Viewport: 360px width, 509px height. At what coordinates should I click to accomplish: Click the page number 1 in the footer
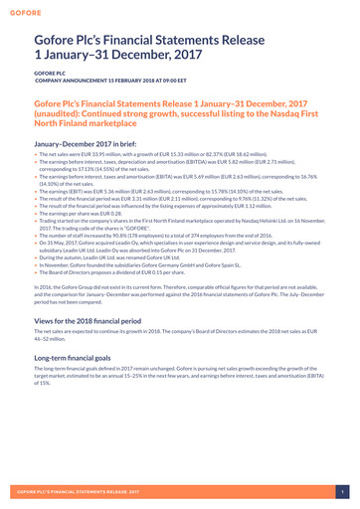340,491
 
